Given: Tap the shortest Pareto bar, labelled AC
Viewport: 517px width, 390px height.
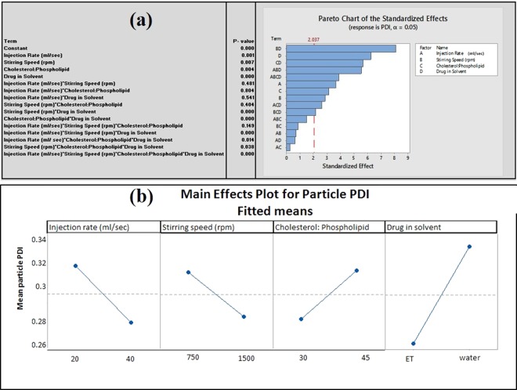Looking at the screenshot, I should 288,146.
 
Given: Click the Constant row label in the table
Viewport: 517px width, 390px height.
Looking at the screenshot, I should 16,49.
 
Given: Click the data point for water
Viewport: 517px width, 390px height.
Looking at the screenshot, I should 470,247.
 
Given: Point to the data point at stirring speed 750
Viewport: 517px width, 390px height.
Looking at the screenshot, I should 189,273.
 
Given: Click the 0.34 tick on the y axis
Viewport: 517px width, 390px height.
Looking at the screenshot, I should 35,240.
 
